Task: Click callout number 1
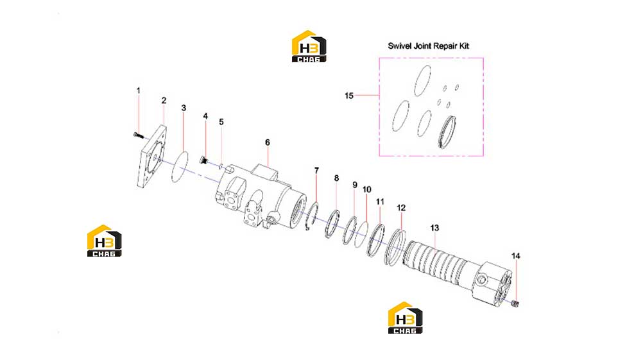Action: tap(139, 90)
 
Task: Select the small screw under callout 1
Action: tap(139, 135)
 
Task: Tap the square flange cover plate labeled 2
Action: tap(151, 156)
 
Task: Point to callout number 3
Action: tap(184, 108)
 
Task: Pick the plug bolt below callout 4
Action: tap(204, 160)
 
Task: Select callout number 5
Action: tap(221, 122)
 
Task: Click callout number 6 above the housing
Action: tap(267, 142)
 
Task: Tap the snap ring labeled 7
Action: tap(313, 216)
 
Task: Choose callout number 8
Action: tap(336, 178)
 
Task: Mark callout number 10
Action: tap(366, 190)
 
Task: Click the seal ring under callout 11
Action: tap(375, 240)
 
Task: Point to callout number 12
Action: tap(401, 208)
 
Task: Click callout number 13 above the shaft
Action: tap(434, 228)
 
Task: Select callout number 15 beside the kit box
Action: tap(349, 96)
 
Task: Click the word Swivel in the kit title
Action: tap(400, 46)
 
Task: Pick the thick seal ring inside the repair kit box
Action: tap(448, 132)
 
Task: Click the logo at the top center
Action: tap(309, 47)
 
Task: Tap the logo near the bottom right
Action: tap(405, 318)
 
